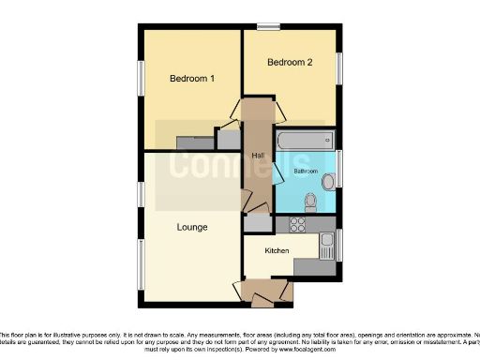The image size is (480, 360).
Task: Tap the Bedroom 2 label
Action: (289, 63)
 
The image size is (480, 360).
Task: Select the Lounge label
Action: (192, 228)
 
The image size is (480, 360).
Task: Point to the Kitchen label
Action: (276, 250)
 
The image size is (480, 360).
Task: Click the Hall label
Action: (257, 155)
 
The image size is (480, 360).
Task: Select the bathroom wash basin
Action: (328, 181)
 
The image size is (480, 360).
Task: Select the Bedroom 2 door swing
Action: (278, 111)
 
